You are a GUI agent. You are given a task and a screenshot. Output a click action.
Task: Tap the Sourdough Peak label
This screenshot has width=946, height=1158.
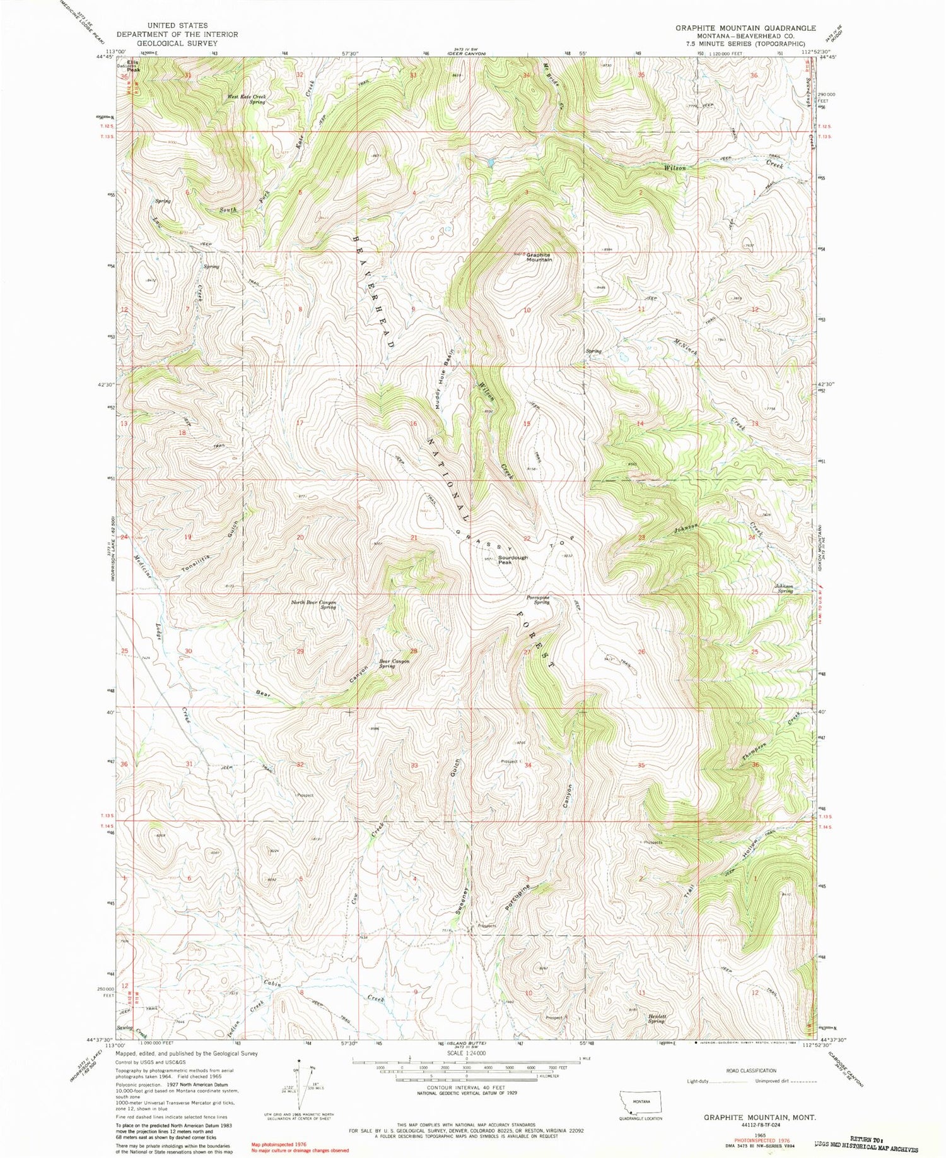tap(513, 560)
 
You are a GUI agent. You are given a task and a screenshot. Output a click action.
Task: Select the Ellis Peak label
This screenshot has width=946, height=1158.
tap(133, 66)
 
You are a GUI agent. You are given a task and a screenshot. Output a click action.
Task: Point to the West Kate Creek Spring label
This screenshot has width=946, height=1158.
tap(247, 99)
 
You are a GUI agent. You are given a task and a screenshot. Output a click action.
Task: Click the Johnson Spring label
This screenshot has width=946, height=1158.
tap(785, 589)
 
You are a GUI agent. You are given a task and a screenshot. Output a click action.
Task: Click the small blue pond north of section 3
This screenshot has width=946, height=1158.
tap(489, 162)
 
